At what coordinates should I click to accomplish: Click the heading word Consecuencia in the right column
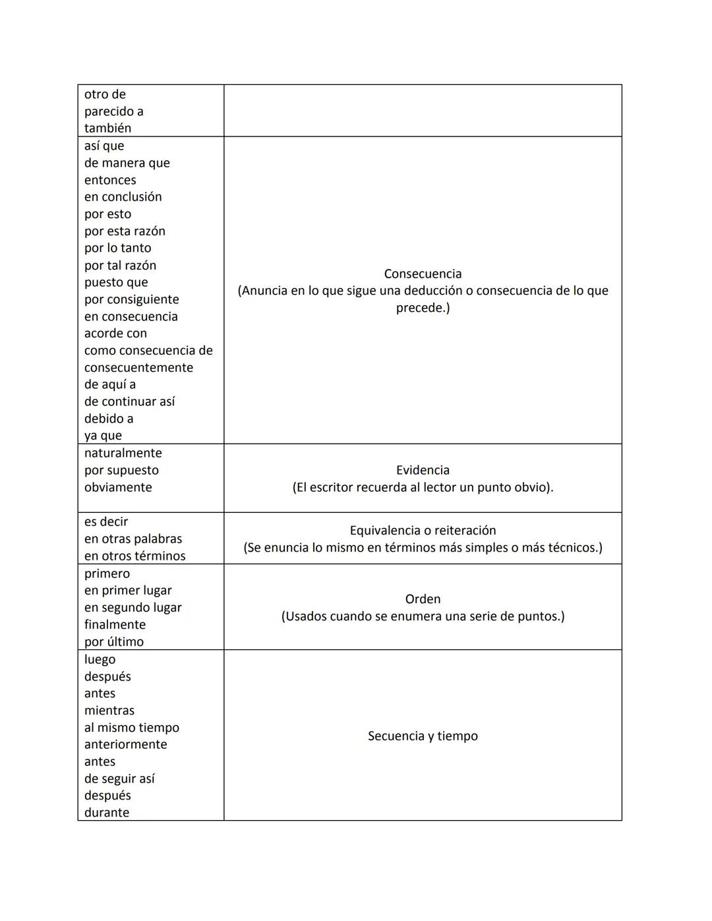pyautogui.click(x=423, y=274)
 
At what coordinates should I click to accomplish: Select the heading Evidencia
pyautogui.click(x=423, y=470)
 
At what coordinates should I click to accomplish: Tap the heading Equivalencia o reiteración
pyautogui.click(x=423, y=530)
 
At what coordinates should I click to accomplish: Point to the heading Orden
pyautogui.click(x=423, y=599)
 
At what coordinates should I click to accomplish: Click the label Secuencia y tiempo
pyautogui.click(x=423, y=736)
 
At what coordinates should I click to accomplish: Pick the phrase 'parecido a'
pyautogui.click(x=113, y=111)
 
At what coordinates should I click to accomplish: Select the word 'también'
pyautogui.click(x=107, y=128)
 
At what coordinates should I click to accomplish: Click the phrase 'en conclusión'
pyautogui.click(x=123, y=196)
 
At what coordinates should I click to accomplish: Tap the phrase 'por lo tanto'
pyautogui.click(x=117, y=248)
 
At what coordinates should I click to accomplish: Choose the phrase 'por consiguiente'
pyautogui.click(x=131, y=299)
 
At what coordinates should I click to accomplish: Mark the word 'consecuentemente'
pyautogui.click(x=138, y=367)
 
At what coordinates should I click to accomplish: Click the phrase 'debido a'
pyautogui.click(x=108, y=419)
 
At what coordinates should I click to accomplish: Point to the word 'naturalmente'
pyautogui.click(x=123, y=453)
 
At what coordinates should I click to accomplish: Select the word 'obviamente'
pyautogui.click(x=118, y=487)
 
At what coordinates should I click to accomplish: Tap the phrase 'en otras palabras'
pyautogui.click(x=133, y=539)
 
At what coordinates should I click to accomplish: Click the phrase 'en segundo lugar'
pyautogui.click(x=133, y=607)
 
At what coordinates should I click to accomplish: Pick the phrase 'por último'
pyautogui.click(x=113, y=641)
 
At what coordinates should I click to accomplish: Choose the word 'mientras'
pyautogui.click(x=109, y=710)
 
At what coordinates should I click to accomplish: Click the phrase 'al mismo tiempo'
pyautogui.click(x=131, y=727)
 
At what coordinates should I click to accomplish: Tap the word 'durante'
pyautogui.click(x=106, y=812)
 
